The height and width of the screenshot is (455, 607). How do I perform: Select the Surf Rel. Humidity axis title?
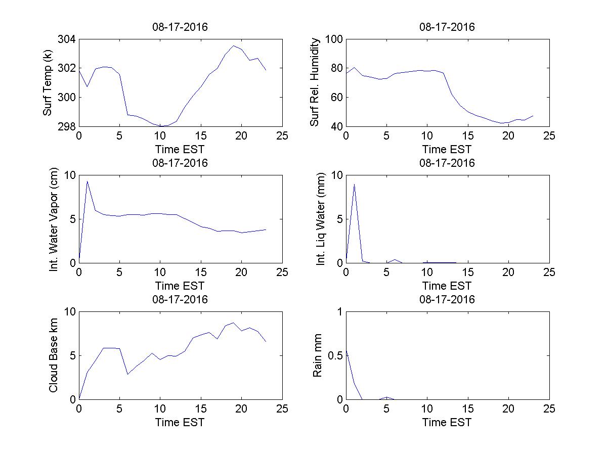tap(315, 83)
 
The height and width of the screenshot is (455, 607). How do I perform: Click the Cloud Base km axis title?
tap(54, 356)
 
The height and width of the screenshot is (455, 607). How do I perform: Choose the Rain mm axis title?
tap(318, 356)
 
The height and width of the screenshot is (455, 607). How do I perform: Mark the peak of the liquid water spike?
tap(354, 184)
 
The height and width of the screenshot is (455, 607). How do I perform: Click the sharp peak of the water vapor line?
tap(87, 181)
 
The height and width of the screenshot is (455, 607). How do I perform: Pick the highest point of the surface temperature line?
tap(233, 45)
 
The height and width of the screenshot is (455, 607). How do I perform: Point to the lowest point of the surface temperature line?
tap(160, 126)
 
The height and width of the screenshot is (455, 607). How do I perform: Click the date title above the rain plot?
tap(447, 299)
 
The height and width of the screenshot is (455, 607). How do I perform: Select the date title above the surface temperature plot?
tap(180, 27)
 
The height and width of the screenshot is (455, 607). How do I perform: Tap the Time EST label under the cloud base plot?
tap(180, 422)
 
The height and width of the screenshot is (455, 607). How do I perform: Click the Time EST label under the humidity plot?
tap(447, 149)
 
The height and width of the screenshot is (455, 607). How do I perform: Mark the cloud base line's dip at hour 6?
tap(127, 374)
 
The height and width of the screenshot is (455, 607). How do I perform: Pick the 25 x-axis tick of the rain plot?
tap(549, 409)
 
